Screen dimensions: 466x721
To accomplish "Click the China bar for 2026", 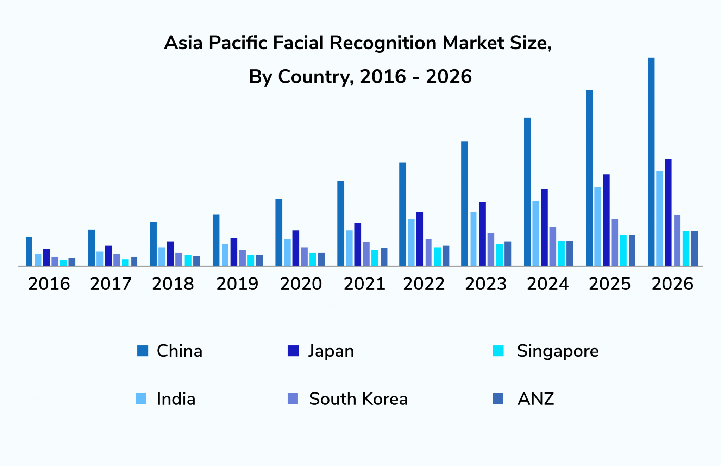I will coord(651,162).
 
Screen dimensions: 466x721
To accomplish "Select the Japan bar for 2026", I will coord(668,212).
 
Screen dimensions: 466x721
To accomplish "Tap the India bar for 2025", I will coord(598,226).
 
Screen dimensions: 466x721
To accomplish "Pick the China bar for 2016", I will coord(29,251).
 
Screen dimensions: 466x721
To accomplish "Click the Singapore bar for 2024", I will coord(561,253).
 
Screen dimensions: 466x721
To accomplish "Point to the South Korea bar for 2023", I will coord(491,249).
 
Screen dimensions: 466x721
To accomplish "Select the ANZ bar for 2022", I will coord(446,256).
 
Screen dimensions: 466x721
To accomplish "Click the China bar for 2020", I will coord(279,232).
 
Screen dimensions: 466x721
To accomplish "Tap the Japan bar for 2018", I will coord(170,254).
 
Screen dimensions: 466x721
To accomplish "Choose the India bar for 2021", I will coord(349,248).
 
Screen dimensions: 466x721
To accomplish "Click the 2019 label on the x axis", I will coord(237,284).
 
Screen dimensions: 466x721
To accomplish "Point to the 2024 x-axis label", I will coord(548,284).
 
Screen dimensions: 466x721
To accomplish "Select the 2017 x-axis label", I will coord(111,284).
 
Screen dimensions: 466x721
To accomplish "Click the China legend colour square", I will coord(143,351).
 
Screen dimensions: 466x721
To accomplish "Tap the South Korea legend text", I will coord(358,399).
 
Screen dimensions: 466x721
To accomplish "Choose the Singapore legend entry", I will coord(557,351).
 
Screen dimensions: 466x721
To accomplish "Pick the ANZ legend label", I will coord(535,399).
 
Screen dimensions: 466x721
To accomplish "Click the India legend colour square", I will coord(141,399).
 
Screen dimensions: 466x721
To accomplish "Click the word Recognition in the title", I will coord(383,43).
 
